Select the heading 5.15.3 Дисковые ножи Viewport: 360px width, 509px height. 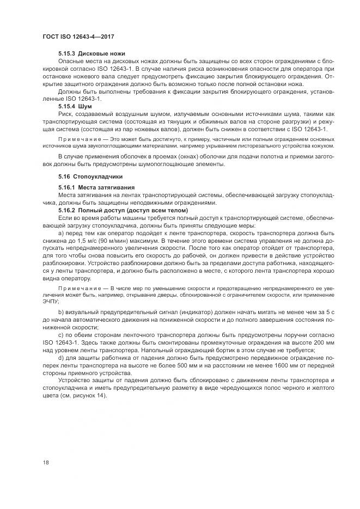(x=91, y=54)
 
